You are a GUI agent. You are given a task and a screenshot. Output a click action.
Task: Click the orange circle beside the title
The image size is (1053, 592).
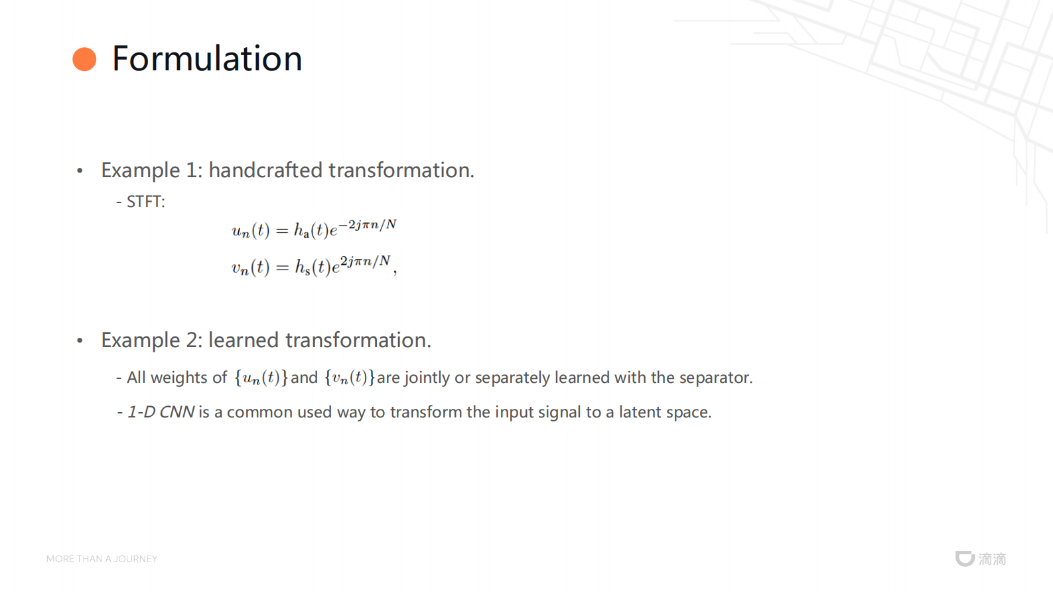85,59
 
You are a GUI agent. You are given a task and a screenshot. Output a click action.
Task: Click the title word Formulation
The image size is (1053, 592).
207,58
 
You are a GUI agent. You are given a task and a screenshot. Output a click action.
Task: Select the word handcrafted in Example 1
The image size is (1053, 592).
265,170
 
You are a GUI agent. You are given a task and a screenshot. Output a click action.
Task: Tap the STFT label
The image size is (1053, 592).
146,202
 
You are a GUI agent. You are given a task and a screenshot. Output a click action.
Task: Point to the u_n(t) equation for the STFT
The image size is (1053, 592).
314,229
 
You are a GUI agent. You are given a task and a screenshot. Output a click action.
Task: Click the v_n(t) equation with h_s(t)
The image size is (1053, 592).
314,266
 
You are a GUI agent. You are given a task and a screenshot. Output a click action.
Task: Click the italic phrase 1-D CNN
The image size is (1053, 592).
161,412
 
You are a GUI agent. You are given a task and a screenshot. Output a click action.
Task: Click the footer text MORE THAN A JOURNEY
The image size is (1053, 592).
102,559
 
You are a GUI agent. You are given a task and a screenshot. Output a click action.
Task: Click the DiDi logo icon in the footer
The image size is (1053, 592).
965,559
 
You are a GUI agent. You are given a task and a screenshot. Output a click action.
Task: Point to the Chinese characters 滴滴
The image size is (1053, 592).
993,559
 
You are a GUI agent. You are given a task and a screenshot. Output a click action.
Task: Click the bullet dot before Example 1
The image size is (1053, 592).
80,171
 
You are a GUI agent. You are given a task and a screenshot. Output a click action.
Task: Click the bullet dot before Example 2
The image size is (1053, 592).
80,340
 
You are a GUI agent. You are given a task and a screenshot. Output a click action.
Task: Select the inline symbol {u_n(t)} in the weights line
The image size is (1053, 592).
261,378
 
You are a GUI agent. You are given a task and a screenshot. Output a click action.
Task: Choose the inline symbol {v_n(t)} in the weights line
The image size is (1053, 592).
349,378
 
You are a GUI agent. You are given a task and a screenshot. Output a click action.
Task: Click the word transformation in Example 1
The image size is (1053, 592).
401,170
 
